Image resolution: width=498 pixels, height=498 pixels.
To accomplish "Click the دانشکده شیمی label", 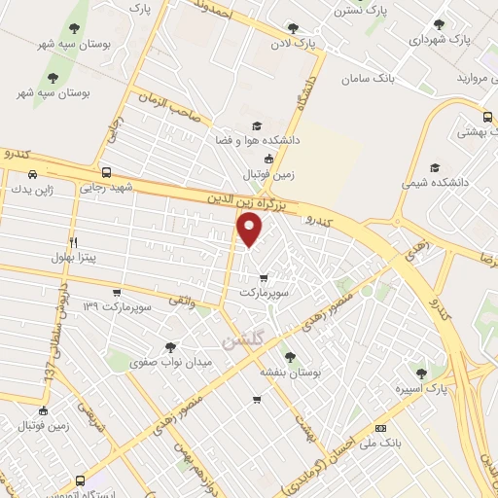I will pyautogui.click(x=436, y=182).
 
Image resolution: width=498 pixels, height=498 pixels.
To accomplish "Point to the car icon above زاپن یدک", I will pyautogui.click(x=33, y=174).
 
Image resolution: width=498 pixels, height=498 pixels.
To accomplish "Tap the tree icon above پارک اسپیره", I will pyautogui.click(x=421, y=373).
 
